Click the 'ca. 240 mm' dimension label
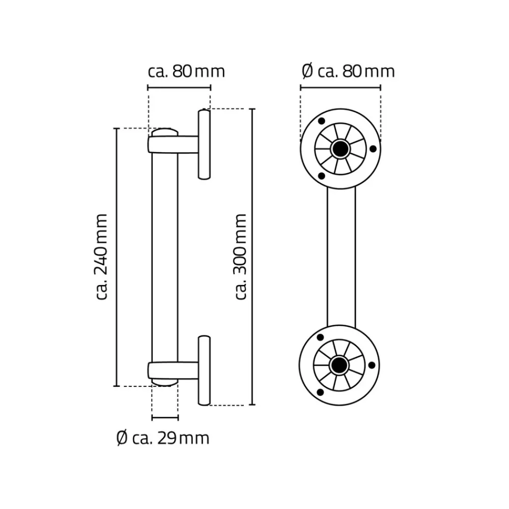point(102,257)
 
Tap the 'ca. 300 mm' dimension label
point(241,257)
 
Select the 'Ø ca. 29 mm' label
point(163,439)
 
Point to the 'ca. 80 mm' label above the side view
point(186,71)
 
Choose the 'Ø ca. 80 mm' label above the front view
point(348,71)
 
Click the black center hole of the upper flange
point(340,149)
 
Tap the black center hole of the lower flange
point(339,365)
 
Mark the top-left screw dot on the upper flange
point(321,121)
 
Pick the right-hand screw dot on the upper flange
point(373,149)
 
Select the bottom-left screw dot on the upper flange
point(321,176)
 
